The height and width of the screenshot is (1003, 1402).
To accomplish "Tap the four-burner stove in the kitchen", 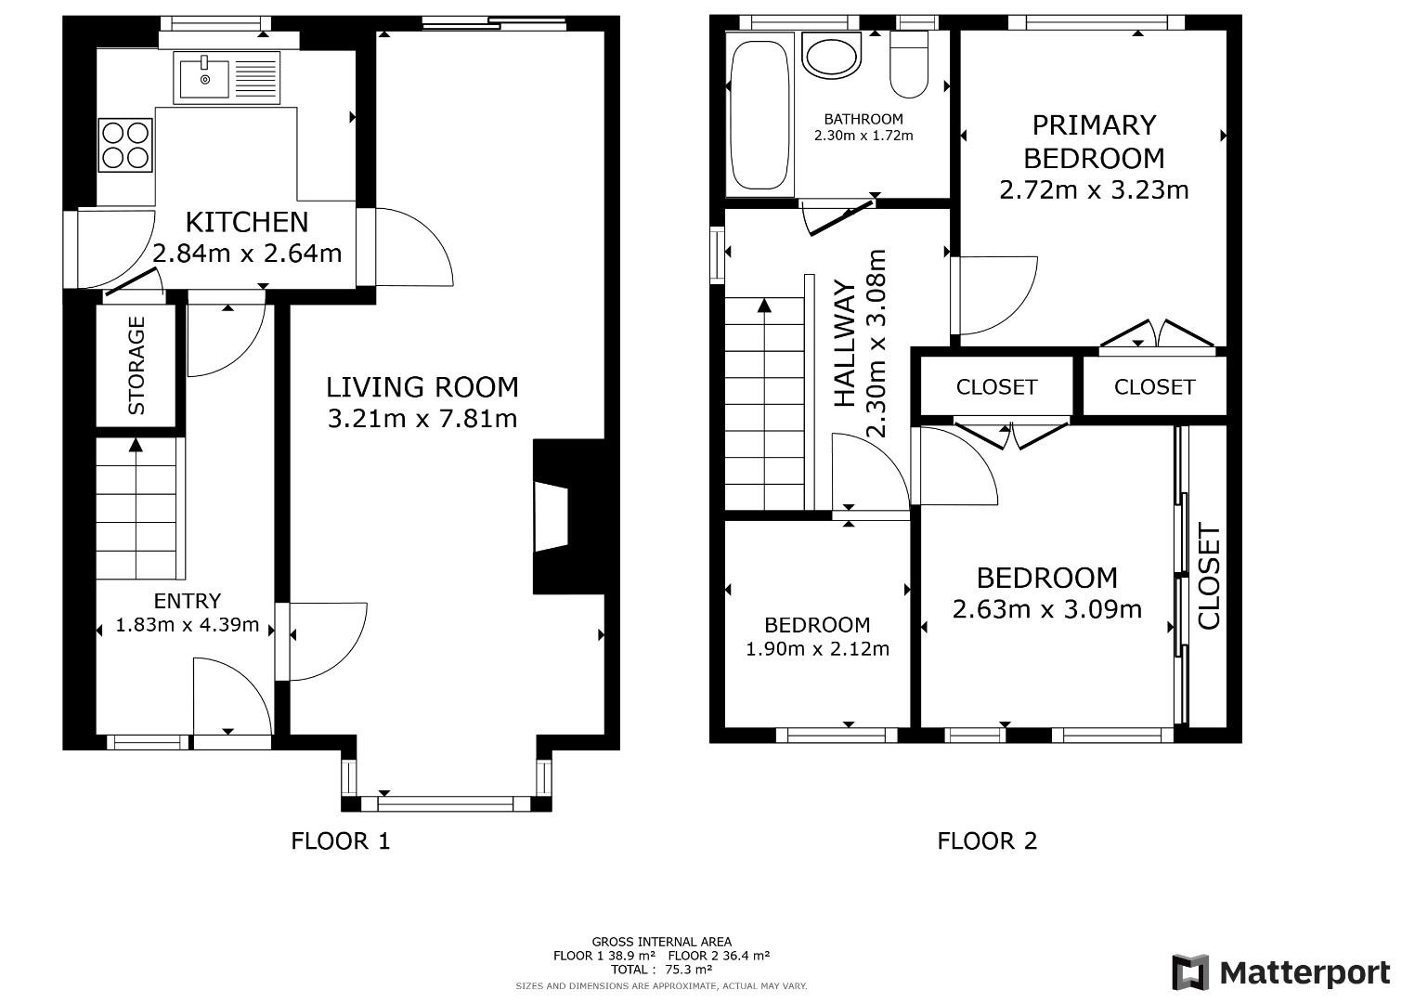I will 126,144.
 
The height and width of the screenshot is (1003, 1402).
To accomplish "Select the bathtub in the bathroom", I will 760,111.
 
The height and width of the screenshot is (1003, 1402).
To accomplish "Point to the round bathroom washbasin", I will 833,57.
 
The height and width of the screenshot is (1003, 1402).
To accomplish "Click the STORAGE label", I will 136,365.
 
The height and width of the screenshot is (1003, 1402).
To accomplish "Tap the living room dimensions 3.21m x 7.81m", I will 422,419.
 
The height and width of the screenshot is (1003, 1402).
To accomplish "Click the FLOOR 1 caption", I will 341,841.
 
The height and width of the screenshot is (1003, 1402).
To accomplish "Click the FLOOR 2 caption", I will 987,841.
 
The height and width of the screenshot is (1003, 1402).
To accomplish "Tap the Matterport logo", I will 1281,972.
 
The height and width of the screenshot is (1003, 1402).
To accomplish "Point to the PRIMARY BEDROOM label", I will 1094,141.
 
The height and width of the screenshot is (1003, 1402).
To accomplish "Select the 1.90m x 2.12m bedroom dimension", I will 817,649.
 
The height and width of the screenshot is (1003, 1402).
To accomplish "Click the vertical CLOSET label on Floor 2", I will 1208,576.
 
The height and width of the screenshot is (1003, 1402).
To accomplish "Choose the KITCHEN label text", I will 247,222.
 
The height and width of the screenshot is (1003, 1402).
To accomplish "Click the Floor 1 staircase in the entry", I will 136,508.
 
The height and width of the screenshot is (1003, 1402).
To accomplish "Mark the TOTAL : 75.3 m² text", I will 661,969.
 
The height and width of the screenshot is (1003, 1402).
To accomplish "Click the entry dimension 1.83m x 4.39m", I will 188,625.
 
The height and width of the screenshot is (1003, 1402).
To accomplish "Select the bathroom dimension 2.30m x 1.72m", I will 863,136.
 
